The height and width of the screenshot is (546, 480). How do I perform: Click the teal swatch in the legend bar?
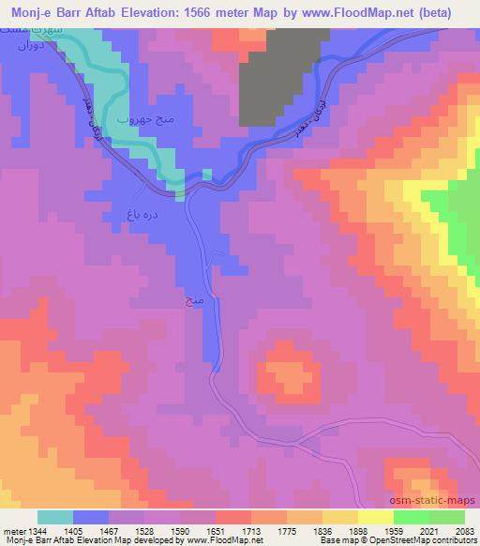pos(55,517)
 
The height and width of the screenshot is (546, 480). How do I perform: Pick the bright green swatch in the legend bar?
pos(411,517)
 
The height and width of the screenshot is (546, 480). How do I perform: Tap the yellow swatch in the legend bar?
pos(375,517)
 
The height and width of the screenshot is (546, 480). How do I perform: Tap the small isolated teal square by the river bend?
pos(207,174)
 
